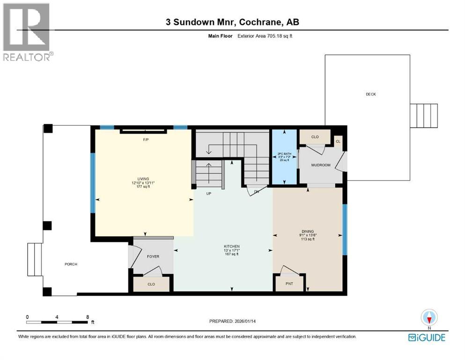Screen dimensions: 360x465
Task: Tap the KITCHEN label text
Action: pos(231,247)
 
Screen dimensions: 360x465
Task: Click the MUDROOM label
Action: pos(321,165)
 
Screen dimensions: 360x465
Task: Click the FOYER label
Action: pos(153,256)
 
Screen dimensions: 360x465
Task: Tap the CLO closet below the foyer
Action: pos(151,284)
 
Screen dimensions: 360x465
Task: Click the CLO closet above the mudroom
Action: pos(315,137)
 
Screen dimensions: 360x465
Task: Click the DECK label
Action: pos(371,94)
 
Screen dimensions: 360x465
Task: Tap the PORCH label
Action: pos(71,264)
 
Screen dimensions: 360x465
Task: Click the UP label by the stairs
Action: pos(209,193)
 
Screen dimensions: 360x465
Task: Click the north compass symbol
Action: pos(429,318)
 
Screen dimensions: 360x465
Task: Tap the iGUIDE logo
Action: pos(427,337)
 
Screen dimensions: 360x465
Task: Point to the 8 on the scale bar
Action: pos(88,317)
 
